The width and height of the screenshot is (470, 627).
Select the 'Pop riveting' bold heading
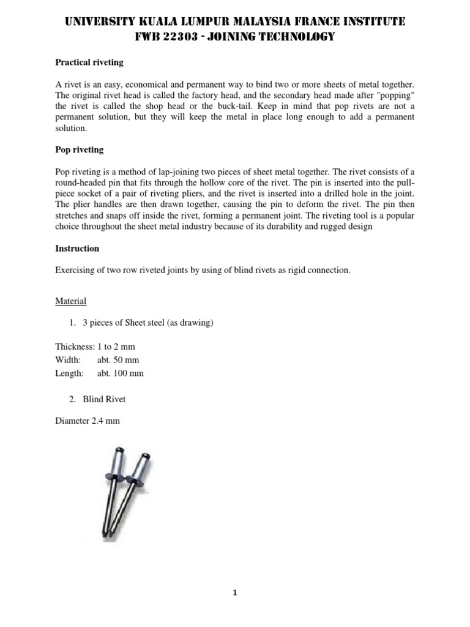80,149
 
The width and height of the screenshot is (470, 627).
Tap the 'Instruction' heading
77,249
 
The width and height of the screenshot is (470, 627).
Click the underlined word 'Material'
71,301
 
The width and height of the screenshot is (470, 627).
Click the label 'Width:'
67,359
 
